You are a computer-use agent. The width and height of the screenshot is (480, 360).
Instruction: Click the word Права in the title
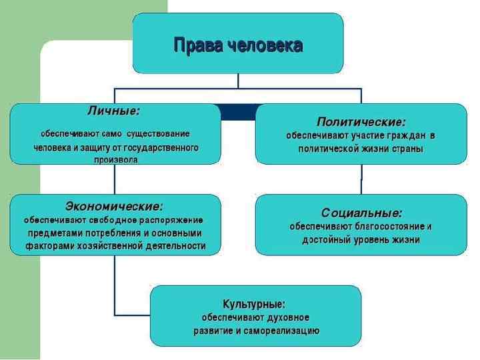point(198,45)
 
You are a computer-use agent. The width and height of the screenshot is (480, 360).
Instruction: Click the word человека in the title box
point(265,45)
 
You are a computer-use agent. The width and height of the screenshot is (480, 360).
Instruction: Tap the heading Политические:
point(361,122)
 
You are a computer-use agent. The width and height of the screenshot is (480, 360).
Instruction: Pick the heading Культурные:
point(255,303)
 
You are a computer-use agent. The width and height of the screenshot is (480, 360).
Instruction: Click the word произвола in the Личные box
point(116,160)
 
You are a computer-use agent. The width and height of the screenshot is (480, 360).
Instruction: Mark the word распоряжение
point(172,219)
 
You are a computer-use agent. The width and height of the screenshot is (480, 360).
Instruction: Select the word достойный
point(327,240)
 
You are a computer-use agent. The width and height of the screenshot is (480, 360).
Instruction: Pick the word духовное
point(284,317)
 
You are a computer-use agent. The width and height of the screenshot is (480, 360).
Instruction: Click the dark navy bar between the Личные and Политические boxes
point(238,113)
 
